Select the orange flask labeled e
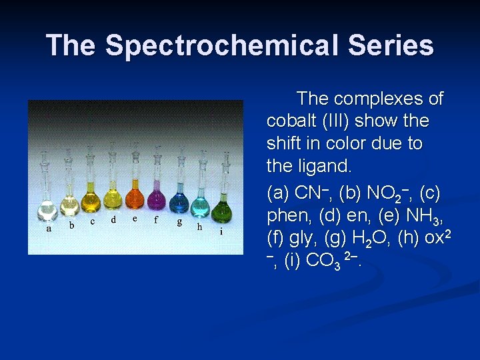point(135,199)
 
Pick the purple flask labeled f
point(157,198)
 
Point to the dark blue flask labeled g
point(179,202)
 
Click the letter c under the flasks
point(93,221)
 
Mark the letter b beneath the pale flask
point(72,225)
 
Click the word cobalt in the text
point(291,121)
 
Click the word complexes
point(379,99)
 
